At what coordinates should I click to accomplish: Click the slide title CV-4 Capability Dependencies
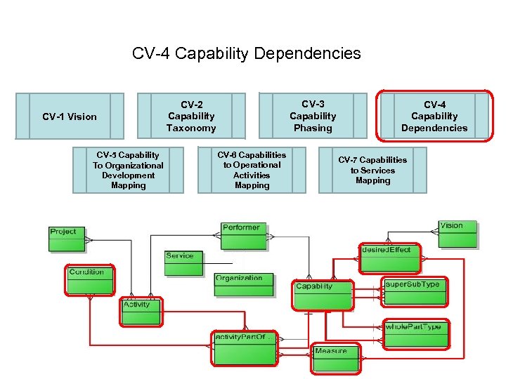pyautogui.click(x=246, y=53)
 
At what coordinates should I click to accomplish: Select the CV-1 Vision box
pyautogui.click(x=69, y=116)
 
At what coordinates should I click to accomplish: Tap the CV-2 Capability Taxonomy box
pyautogui.click(x=191, y=116)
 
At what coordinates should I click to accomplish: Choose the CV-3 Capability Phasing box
pyautogui.click(x=313, y=116)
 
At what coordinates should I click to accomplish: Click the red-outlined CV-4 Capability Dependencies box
pyautogui.click(x=434, y=116)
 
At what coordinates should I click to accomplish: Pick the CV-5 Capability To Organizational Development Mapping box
pyautogui.click(x=128, y=170)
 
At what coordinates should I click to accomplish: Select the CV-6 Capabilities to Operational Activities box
pyautogui.click(x=252, y=170)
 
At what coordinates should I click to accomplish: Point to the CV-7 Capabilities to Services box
pyautogui.click(x=372, y=170)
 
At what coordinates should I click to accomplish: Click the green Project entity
pyautogui.click(x=67, y=239)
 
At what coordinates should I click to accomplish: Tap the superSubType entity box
pyautogui.click(x=415, y=292)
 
